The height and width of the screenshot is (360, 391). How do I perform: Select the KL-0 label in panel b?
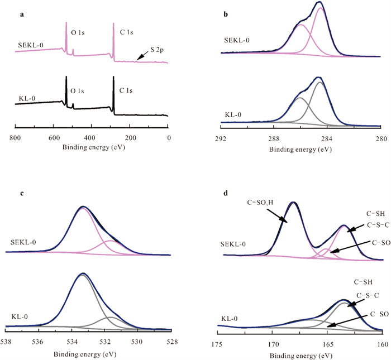pyautogui.click(x=233, y=114)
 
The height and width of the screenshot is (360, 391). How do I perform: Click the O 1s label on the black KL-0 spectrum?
pyautogui.click(x=80, y=88)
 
